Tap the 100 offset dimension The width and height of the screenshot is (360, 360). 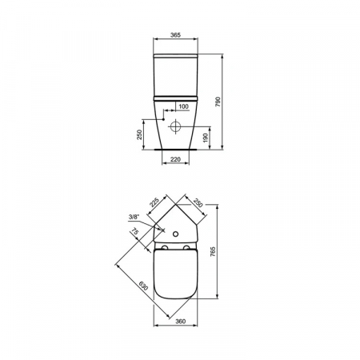pos(183,106)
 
